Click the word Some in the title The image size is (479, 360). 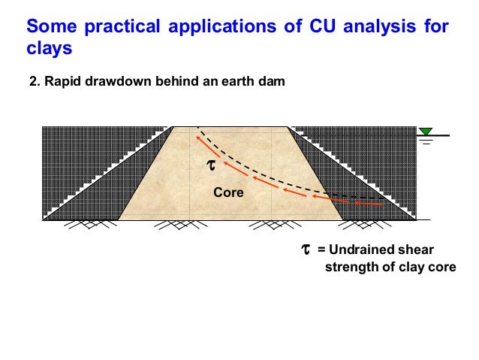[x=50, y=28]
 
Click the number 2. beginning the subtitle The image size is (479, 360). [x=33, y=80]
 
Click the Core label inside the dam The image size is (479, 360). [x=229, y=192]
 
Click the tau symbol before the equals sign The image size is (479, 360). [x=306, y=249]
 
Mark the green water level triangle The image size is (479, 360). [x=426, y=131]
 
